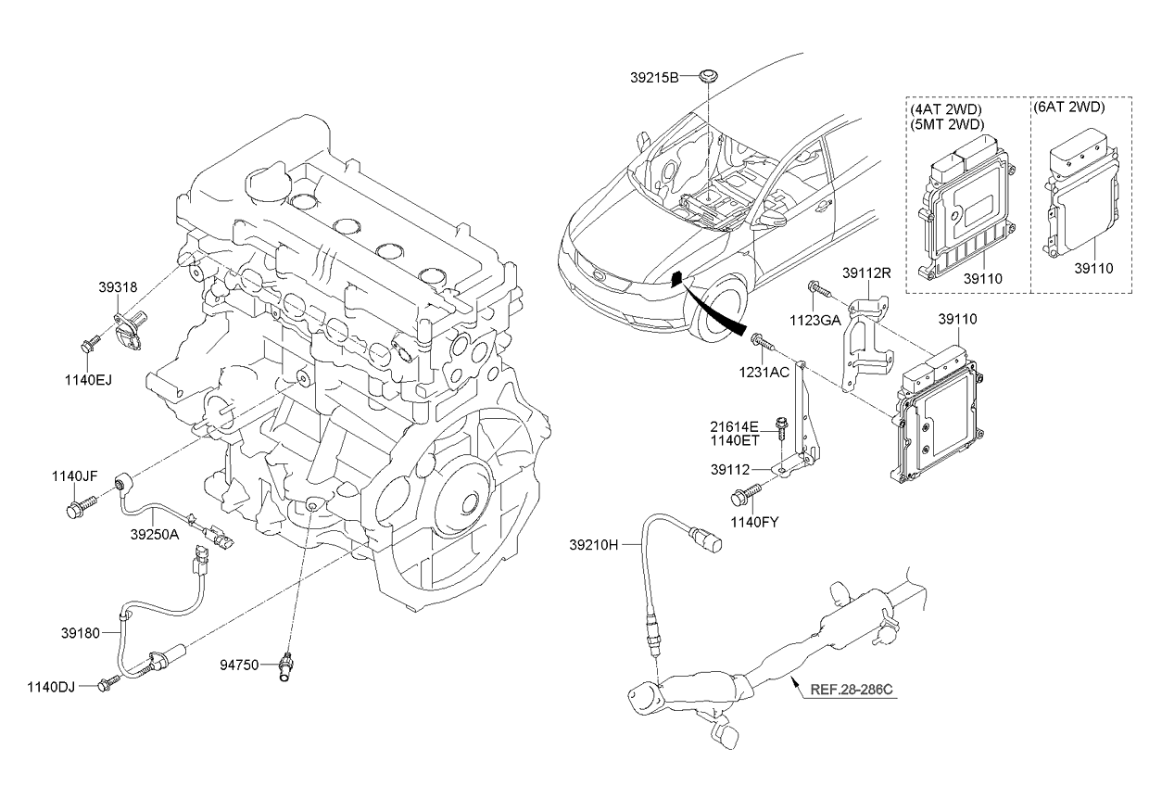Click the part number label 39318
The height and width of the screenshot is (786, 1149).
pos(119,288)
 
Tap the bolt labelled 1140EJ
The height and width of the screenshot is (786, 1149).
pos(90,347)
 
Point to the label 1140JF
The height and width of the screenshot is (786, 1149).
pos(74,476)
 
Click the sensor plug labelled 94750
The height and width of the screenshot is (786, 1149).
pos(288,668)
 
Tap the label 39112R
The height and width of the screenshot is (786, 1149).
pos(866,273)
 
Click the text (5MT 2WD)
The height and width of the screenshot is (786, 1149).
pos(946,123)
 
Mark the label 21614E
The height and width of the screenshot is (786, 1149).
pos(735,426)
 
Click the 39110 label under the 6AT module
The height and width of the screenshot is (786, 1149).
pos(1093,268)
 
